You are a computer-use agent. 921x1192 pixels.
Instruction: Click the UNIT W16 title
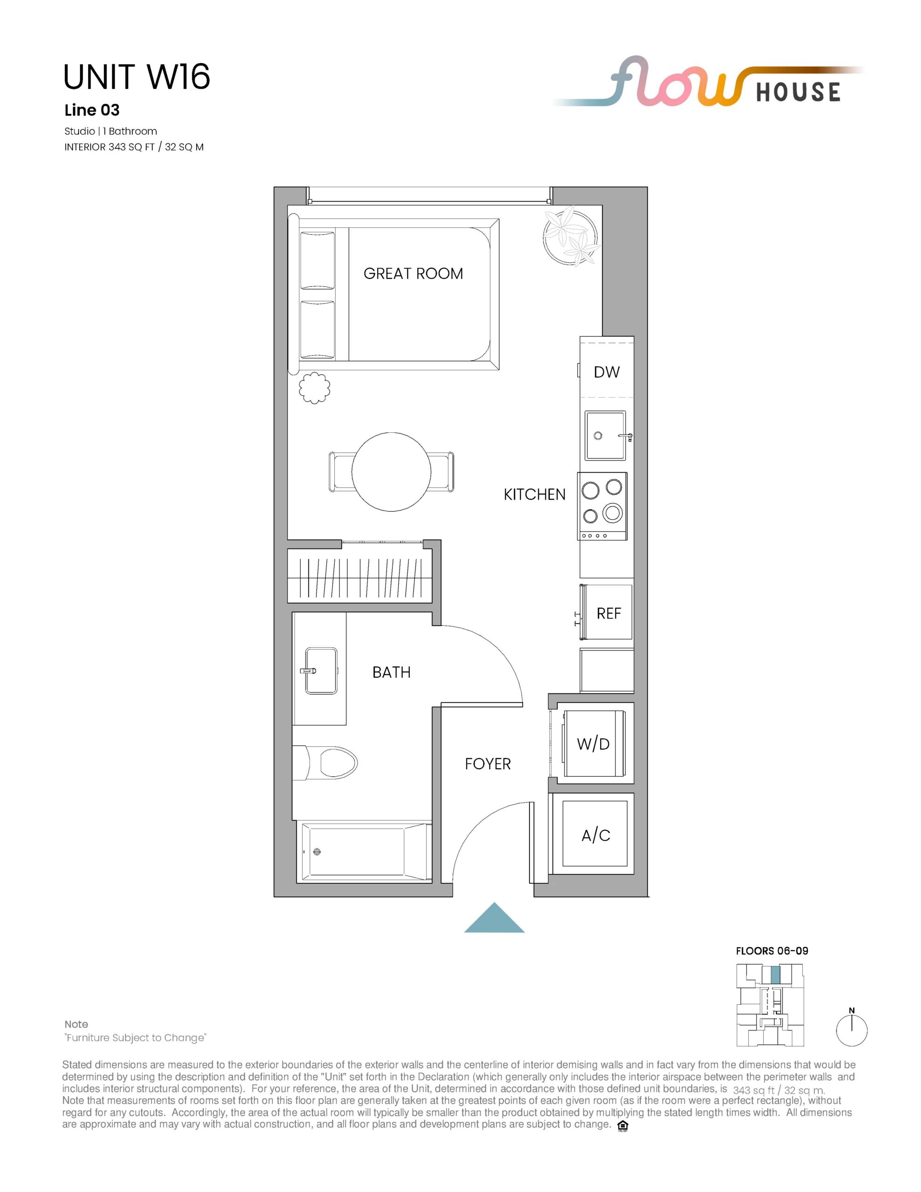(136, 76)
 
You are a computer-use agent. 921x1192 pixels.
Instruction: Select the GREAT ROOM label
(413, 273)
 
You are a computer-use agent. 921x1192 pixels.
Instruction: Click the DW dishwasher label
(607, 372)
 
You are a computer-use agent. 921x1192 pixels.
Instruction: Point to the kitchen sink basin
(605, 435)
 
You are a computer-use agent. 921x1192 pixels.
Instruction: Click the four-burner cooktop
(602, 506)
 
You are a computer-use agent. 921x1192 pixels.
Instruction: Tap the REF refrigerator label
(609, 614)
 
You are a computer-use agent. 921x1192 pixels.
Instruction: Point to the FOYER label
(488, 764)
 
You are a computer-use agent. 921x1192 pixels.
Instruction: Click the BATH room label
(392, 672)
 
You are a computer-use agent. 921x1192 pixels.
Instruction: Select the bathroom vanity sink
(321, 671)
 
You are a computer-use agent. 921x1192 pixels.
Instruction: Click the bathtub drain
(317, 852)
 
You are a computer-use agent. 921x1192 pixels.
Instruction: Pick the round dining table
(392, 472)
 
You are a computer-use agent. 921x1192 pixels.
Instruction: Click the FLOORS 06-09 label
(772, 951)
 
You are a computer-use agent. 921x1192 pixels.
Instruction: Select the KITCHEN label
(535, 494)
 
